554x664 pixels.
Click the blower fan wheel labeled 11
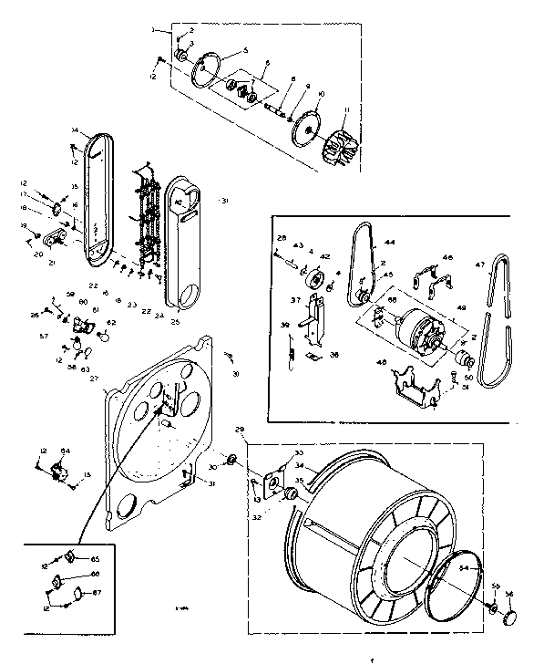coord(338,148)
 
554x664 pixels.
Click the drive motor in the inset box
coord(420,329)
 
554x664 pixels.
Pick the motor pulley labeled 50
coord(462,357)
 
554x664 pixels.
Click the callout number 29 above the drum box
coord(240,429)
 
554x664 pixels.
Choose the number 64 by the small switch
coord(65,450)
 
